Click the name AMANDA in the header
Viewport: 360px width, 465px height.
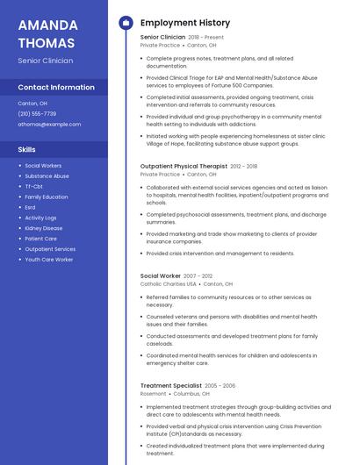coord(47,24)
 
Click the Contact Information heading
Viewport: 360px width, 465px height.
coord(56,87)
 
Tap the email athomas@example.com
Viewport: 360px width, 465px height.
coord(49,124)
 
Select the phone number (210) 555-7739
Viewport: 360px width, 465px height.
coord(37,113)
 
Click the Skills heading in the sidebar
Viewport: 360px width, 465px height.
coord(26,149)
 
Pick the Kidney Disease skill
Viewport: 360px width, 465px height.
coord(44,228)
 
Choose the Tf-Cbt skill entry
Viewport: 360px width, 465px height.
coord(33,186)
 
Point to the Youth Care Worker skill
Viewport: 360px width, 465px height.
coord(49,260)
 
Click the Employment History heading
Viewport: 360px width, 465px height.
coord(185,23)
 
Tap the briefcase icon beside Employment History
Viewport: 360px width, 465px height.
coord(126,23)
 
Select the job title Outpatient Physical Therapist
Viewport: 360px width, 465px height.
coord(184,166)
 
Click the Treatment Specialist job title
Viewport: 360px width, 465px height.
coord(170,385)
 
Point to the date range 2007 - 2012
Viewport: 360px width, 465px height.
coord(198,275)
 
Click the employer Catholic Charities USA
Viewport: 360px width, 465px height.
coord(169,284)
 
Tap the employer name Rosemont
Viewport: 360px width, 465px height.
coord(153,394)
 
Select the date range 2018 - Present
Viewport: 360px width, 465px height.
coord(206,37)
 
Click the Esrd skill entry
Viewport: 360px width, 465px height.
coord(31,207)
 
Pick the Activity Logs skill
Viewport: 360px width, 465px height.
coord(40,218)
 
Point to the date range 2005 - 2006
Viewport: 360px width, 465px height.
coord(220,385)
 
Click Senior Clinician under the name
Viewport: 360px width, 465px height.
coord(46,61)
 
